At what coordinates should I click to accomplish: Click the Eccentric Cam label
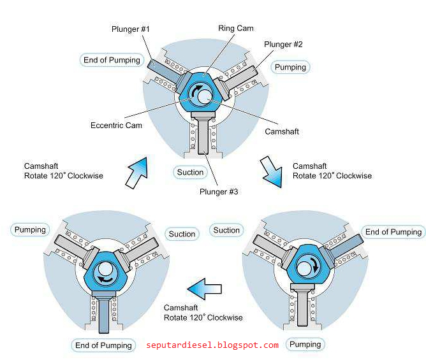116,126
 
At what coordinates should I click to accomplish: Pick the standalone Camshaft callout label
281,131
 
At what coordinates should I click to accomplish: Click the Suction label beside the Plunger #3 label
190,172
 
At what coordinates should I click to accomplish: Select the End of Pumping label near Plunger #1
112,60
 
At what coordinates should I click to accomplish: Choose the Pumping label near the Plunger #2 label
290,67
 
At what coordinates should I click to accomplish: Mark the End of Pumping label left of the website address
103,345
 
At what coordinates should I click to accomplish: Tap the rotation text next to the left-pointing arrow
203,312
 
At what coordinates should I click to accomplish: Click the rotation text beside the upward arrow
64,171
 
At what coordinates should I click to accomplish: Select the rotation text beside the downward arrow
332,171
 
